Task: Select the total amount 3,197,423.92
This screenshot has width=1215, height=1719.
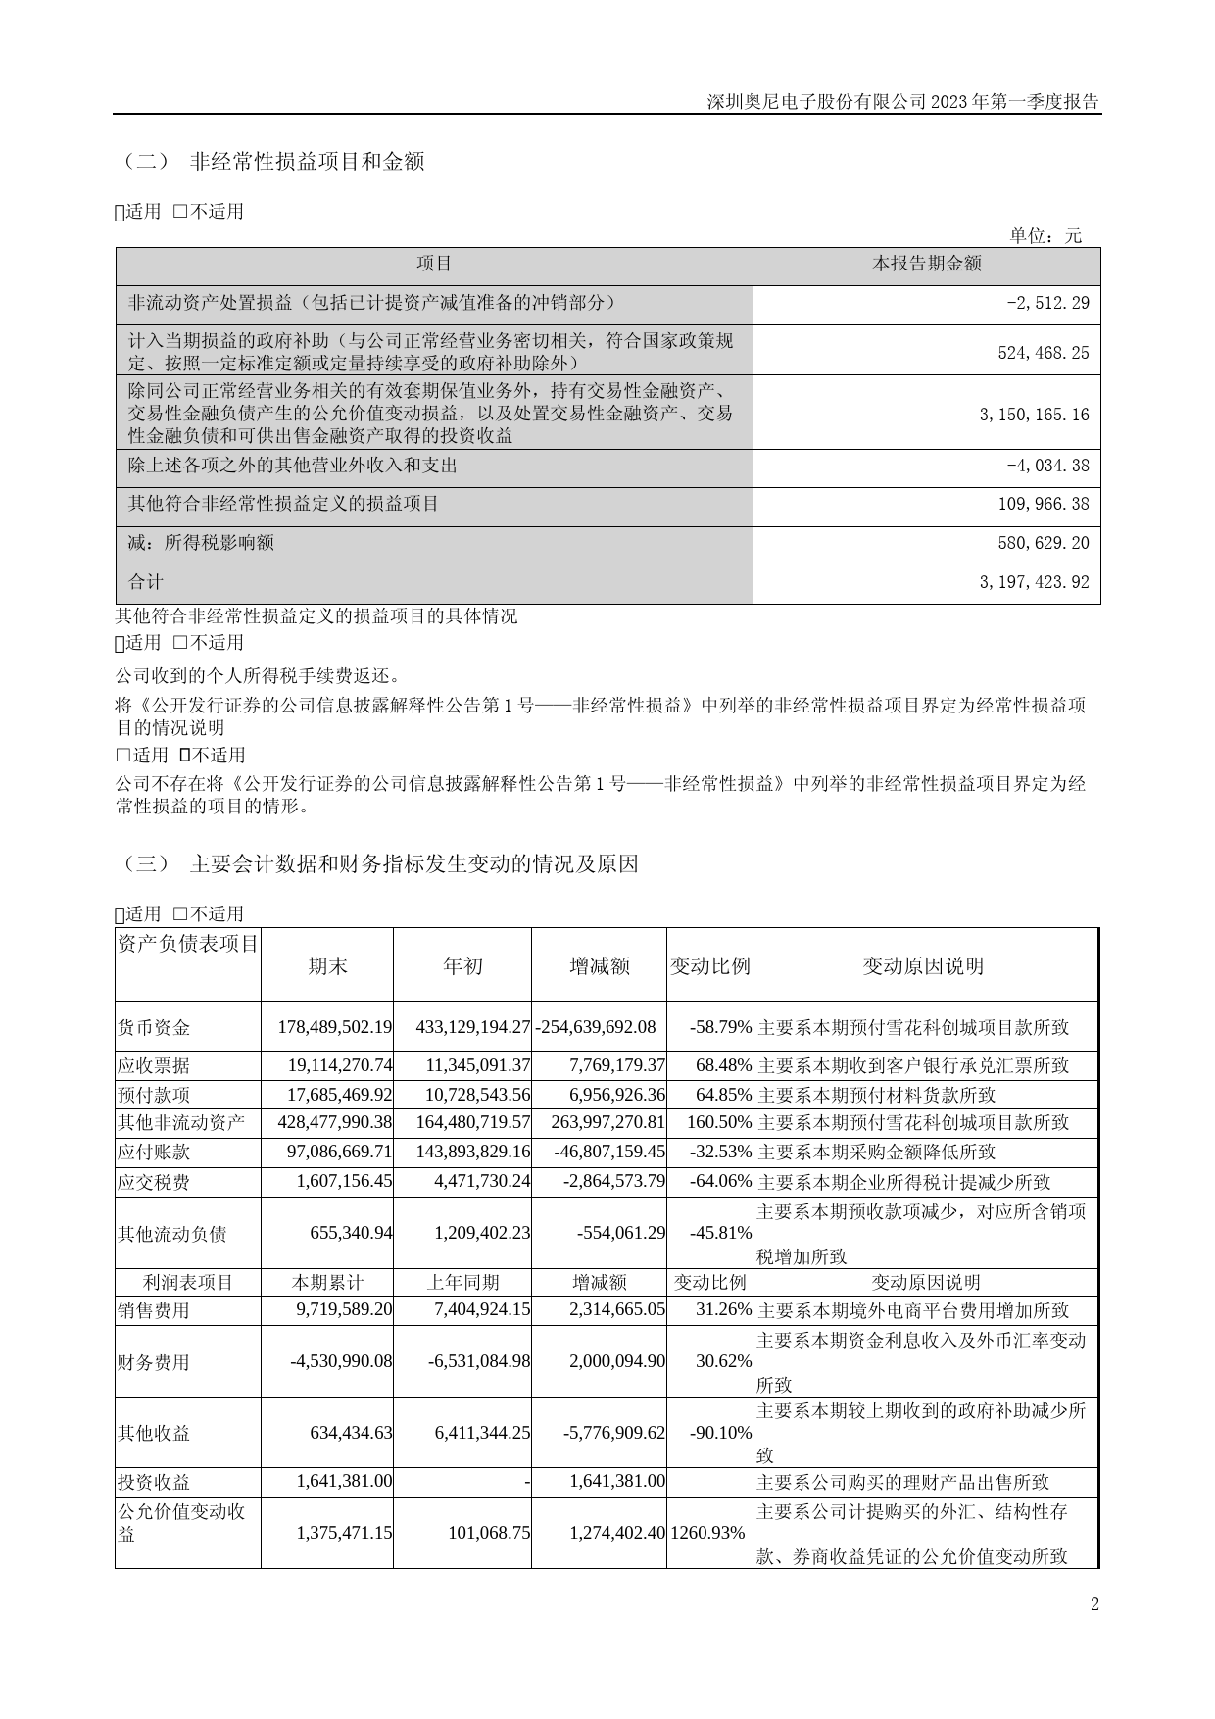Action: coord(1034,582)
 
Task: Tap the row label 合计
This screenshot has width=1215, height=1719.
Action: coord(146,582)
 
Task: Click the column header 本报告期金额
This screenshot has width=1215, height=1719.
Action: coord(926,264)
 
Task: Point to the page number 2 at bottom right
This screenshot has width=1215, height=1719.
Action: coord(1094,1604)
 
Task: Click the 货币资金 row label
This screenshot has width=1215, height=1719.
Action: coord(154,1027)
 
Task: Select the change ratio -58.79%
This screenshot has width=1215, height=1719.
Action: coord(720,1027)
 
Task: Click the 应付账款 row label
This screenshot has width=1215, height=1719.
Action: coord(154,1152)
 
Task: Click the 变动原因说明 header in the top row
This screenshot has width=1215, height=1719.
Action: coord(923,966)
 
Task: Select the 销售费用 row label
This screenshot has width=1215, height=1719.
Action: coord(154,1310)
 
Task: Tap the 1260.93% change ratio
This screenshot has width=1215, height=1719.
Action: coord(708,1532)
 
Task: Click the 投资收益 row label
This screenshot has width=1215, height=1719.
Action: coord(154,1482)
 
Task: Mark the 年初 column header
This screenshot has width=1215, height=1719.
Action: coord(462,966)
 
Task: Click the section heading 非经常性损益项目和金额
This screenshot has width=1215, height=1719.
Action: coord(307,162)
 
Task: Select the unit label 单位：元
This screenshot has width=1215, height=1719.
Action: coord(1045,235)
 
